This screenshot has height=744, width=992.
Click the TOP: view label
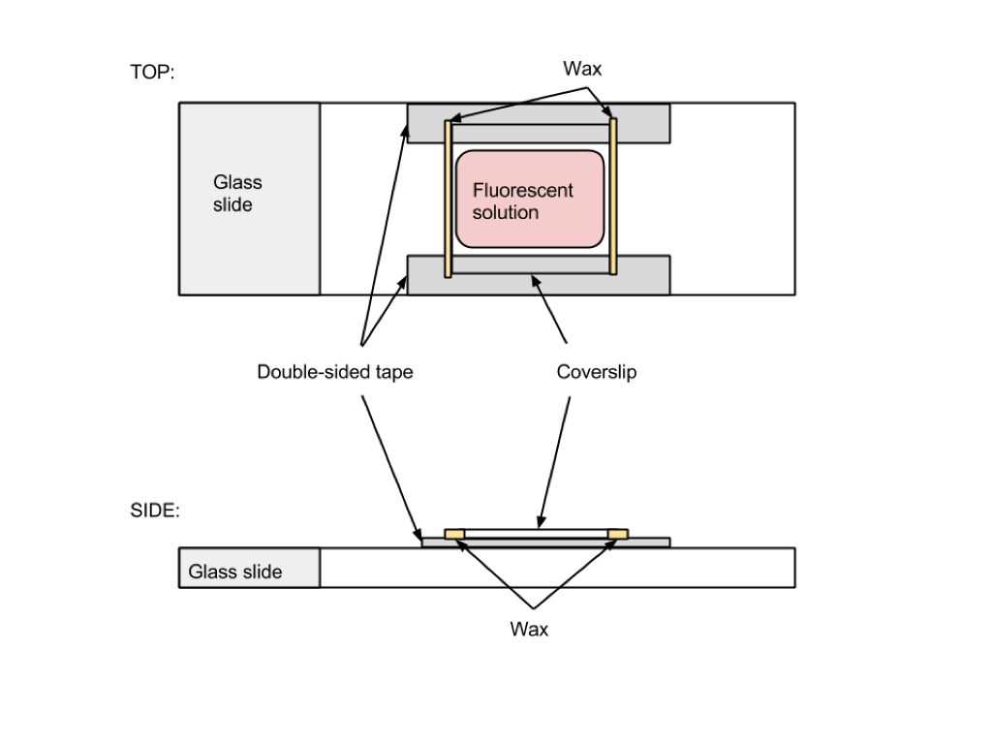[152, 72]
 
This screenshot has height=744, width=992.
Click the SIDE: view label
[155, 511]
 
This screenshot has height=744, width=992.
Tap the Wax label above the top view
[582, 69]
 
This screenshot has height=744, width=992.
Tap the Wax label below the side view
[529, 629]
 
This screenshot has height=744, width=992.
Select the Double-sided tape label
[334, 371]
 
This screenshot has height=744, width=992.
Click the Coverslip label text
[597, 371]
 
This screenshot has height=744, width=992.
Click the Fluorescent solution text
[522, 201]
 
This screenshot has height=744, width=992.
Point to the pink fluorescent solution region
[530, 199]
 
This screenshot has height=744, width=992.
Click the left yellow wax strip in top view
[448, 199]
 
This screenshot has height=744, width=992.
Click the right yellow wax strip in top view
[612, 196]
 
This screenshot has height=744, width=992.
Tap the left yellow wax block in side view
[454, 535]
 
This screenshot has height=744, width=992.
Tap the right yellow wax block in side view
[617, 535]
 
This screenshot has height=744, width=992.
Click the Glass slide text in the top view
[237, 194]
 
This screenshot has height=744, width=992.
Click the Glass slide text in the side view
[235, 572]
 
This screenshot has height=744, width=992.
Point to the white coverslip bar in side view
[536, 534]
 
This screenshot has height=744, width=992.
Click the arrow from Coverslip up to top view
[549, 309]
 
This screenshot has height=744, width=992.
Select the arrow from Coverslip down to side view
[554, 462]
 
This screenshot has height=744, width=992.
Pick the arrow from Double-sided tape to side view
[391, 467]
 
